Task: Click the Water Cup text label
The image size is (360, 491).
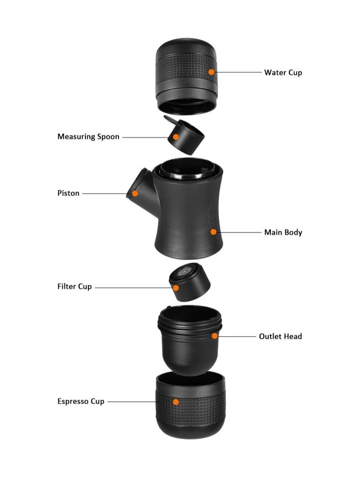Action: pos(283,72)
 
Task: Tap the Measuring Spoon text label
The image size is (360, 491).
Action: pos(88,136)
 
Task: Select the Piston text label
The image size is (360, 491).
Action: pos(68,193)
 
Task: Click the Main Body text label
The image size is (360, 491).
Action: pos(283,232)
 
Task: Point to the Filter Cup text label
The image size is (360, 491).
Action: pos(74,287)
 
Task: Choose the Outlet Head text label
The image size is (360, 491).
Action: pos(280,336)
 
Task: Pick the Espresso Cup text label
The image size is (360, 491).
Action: pos(81,401)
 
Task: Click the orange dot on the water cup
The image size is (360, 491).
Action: pos(211,72)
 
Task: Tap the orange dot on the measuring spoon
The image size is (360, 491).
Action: pos(176,136)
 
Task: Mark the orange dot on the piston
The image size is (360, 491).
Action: pos(135,194)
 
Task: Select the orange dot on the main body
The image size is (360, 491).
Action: pos(213,232)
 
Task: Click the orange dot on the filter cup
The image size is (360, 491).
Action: pos(176,287)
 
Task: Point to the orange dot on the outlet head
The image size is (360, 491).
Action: pos(215,336)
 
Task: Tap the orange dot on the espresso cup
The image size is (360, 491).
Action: pos(176,401)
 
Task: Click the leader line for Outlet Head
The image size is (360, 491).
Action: pos(236,336)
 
